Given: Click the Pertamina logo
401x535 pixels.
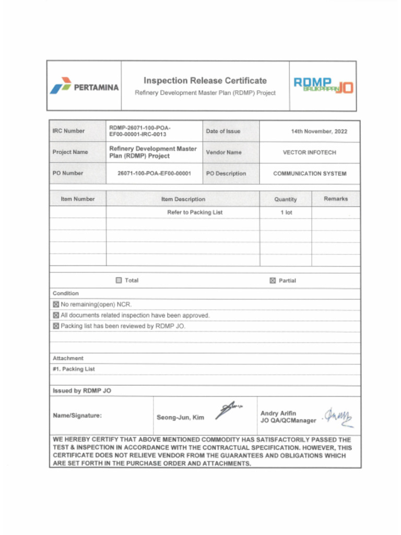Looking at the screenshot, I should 84,86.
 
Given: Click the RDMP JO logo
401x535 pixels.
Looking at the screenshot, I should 323,85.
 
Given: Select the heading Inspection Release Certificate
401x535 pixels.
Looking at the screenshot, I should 205,80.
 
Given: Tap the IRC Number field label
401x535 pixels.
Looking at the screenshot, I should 68,131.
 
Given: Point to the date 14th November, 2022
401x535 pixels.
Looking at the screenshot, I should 319,132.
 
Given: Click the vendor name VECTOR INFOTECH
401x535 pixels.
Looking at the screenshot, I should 309,153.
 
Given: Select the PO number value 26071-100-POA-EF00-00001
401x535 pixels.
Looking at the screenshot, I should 154,173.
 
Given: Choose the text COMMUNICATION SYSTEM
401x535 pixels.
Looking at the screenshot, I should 309,173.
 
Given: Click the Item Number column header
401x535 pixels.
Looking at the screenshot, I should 78,199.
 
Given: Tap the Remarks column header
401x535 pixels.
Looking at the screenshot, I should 335,199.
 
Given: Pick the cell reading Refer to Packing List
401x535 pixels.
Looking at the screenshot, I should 195,213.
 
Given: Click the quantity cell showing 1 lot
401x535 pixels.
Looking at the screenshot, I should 286,213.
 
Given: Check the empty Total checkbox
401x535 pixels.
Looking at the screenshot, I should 119,281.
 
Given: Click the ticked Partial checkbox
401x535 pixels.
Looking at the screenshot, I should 273,281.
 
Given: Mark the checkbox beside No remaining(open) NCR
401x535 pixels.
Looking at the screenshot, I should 56,305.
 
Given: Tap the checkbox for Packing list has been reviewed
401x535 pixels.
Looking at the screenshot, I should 56,326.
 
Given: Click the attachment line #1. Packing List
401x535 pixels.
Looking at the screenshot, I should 74,369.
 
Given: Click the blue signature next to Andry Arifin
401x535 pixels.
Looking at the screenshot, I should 339,417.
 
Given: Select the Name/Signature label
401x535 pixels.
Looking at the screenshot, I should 77,416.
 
